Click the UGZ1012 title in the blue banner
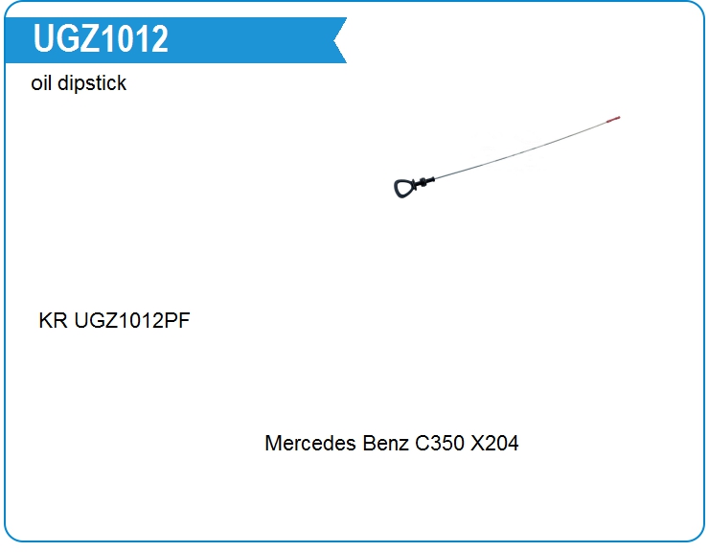[x=101, y=38]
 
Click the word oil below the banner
[x=40, y=82]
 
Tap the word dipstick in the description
[x=92, y=84]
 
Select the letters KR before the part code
[x=53, y=320]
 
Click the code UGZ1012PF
[x=132, y=320]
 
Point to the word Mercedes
[x=310, y=443]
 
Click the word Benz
[x=386, y=443]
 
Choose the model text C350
[x=440, y=443]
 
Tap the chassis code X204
[x=494, y=443]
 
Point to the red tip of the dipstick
[x=613, y=119]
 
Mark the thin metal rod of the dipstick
[x=521, y=150]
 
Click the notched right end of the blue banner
[x=340, y=40]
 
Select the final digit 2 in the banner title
[x=160, y=38]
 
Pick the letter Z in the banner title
[x=88, y=38]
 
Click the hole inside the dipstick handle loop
[x=403, y=187]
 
